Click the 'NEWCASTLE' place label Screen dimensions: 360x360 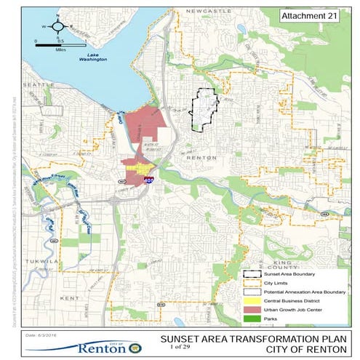207,12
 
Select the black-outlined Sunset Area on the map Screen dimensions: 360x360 204,111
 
